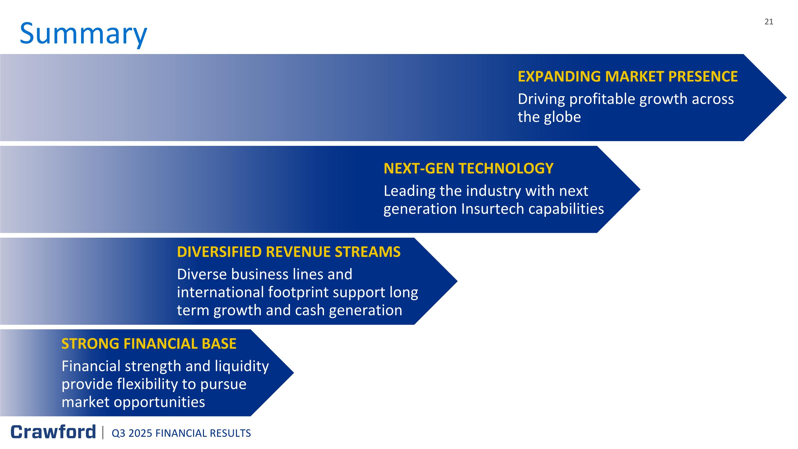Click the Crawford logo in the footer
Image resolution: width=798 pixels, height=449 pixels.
[53, 432]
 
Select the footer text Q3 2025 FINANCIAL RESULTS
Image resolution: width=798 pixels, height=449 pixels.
[181, 433]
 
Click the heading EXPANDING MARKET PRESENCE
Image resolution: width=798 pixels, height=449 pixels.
[627, 77]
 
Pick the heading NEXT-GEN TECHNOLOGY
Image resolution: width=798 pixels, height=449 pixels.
[468, 168]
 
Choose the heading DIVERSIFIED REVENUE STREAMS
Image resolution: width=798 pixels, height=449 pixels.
[289, 252]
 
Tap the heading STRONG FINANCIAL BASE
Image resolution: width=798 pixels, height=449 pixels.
[149, 344]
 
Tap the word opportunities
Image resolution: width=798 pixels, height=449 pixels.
[159, 402]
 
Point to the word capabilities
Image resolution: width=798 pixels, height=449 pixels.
[566, 209]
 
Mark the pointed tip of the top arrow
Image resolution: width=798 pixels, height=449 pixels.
[787, 98]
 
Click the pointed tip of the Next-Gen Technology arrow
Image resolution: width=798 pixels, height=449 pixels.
[640, 189]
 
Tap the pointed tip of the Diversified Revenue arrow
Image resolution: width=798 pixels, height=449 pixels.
[457, 281]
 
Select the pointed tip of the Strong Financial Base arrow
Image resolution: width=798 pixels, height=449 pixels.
[294, 373]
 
